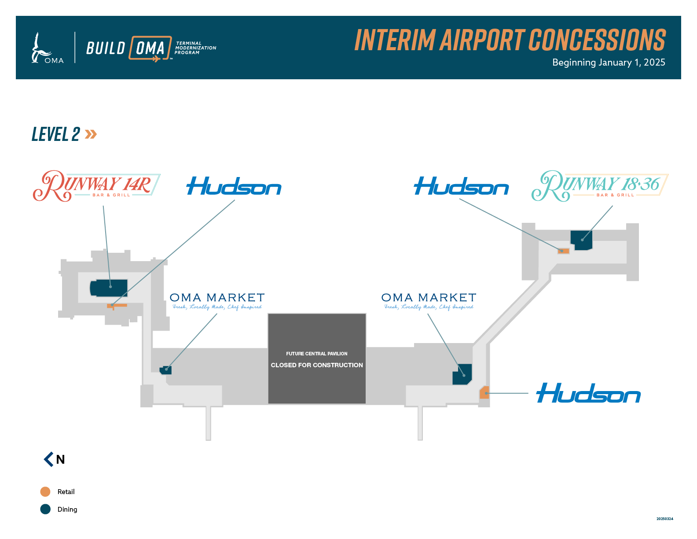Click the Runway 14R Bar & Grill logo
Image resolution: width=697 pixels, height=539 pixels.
96,186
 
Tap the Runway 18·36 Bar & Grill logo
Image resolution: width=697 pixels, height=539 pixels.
600,186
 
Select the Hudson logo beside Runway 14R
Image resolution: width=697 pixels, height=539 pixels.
234,186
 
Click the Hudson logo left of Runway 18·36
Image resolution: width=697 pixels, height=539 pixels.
461,186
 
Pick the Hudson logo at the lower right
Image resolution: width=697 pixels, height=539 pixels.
588,393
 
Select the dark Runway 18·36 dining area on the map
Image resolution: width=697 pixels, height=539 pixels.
581,240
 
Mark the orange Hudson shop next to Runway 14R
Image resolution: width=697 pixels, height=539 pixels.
117,305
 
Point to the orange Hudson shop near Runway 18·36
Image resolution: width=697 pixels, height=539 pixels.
564,251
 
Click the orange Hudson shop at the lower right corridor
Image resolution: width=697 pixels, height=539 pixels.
484,392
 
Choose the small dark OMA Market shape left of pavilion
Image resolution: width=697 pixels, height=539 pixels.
166,369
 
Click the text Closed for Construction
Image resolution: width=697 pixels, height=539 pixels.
317,365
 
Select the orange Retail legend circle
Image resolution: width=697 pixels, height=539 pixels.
45,491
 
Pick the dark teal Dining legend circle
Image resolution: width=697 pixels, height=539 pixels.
45,509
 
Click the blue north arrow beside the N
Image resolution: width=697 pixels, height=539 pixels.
48,459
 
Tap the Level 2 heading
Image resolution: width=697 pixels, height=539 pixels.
56,134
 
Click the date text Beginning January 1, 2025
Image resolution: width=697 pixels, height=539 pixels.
609,63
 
